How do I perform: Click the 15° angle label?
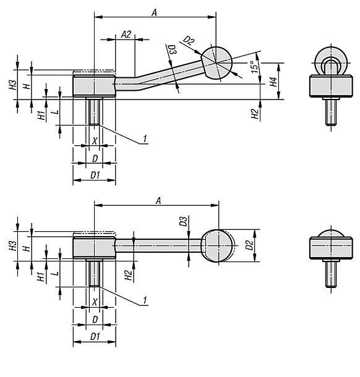point(255,67)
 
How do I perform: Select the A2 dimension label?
point(126,35)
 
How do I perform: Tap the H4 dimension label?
point(273,82)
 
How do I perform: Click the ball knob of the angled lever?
point(216,63)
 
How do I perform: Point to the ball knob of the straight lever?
point(218,246)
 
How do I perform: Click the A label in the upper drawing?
point(154,12)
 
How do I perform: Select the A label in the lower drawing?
point(158,200)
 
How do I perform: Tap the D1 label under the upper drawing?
point(95,176)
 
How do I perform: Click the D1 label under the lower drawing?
point(95,337)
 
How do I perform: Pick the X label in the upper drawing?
point(95,141)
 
